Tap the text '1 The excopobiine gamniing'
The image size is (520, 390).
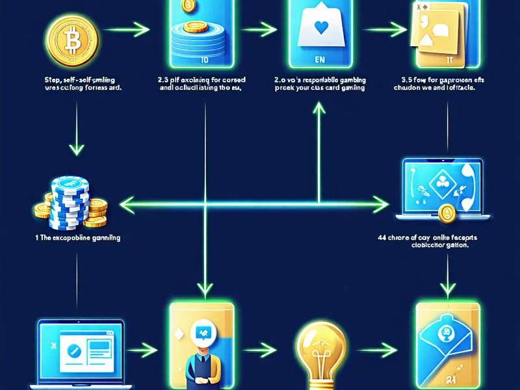pyautogui.click(x=77, y=238)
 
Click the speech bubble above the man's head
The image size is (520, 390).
pyautogui.click(x=201, y=335)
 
